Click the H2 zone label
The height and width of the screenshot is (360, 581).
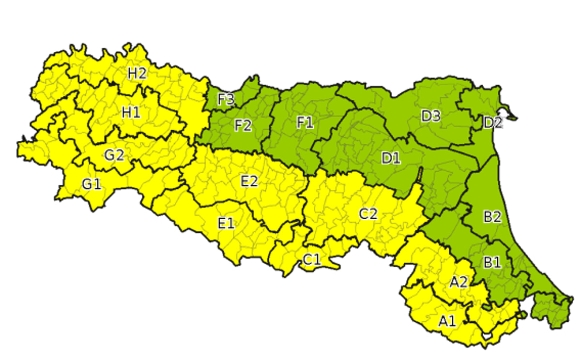(x=137, y=74)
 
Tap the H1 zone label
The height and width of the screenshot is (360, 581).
(x=131, y=113)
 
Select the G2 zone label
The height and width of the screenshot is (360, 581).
(x=114, y=155)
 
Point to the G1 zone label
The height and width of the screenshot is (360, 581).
(x=92, y=184)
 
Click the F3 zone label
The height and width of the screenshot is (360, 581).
(x=226, y=100)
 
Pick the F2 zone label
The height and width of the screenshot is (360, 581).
(x=243, y=126)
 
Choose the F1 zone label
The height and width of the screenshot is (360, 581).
(x=306, y=123)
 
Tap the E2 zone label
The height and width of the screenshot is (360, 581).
(x=249, y=181)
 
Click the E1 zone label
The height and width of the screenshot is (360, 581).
(x=226, y=223)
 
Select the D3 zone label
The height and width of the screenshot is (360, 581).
(x=430, y=116)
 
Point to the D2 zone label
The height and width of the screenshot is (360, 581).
(x=493, y=123)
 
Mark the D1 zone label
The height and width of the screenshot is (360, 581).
(x=391, y=158)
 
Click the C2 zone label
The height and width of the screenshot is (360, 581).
(x=368, y=214)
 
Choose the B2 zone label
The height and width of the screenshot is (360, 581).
(x=492, y=217)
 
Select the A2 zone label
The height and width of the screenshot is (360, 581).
(x=458, y=282)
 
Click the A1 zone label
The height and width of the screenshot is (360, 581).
(x=447, y=321)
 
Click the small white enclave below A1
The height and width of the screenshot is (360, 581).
(x=487, y=336)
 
